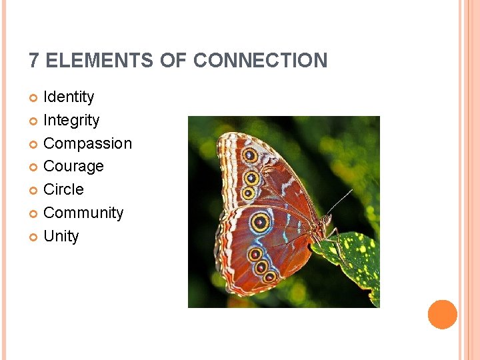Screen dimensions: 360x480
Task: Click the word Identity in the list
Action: coord(69,97)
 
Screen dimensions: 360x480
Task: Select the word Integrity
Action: coord(71,121)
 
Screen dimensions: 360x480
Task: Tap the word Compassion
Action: coord(87,144)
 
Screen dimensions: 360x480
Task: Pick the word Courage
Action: coord(73,167)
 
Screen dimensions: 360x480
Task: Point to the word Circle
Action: coord(63,190)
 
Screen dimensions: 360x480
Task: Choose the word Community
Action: coord(83,213)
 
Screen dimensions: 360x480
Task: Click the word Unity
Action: coord(61,237)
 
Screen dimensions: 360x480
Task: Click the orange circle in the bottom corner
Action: coord(443,315)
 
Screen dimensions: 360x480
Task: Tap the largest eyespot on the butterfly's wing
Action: coord(261,222)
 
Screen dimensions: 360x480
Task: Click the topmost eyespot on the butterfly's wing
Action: coord(250,155)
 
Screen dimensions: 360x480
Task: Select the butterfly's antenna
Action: coord(339,201)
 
